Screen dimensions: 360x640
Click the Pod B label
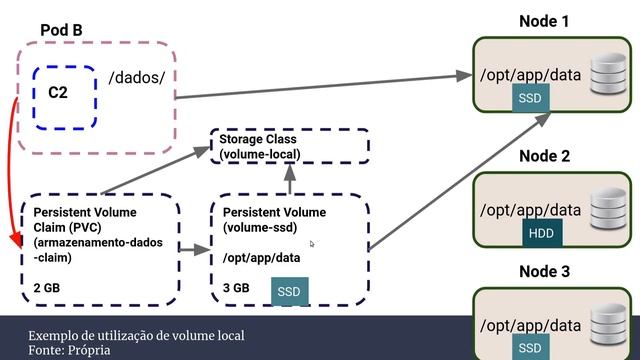[x=61, y=30]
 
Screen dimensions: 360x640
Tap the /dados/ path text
[x=136, y=77]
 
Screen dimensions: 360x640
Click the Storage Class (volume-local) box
[x=288, y=147]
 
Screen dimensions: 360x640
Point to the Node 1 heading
[x=544, y=21]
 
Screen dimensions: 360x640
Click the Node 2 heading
[x=544, y=156]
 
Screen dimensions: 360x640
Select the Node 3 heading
[x=544, y=271]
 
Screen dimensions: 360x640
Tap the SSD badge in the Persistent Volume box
[x=289, y=291]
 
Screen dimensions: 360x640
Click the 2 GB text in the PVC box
[x=47, y=288]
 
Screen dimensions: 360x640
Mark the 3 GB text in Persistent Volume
[x=237, y=288]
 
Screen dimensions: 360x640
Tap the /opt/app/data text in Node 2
[x=531, y=210]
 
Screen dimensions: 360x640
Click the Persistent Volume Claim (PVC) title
[x=85, y=220]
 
